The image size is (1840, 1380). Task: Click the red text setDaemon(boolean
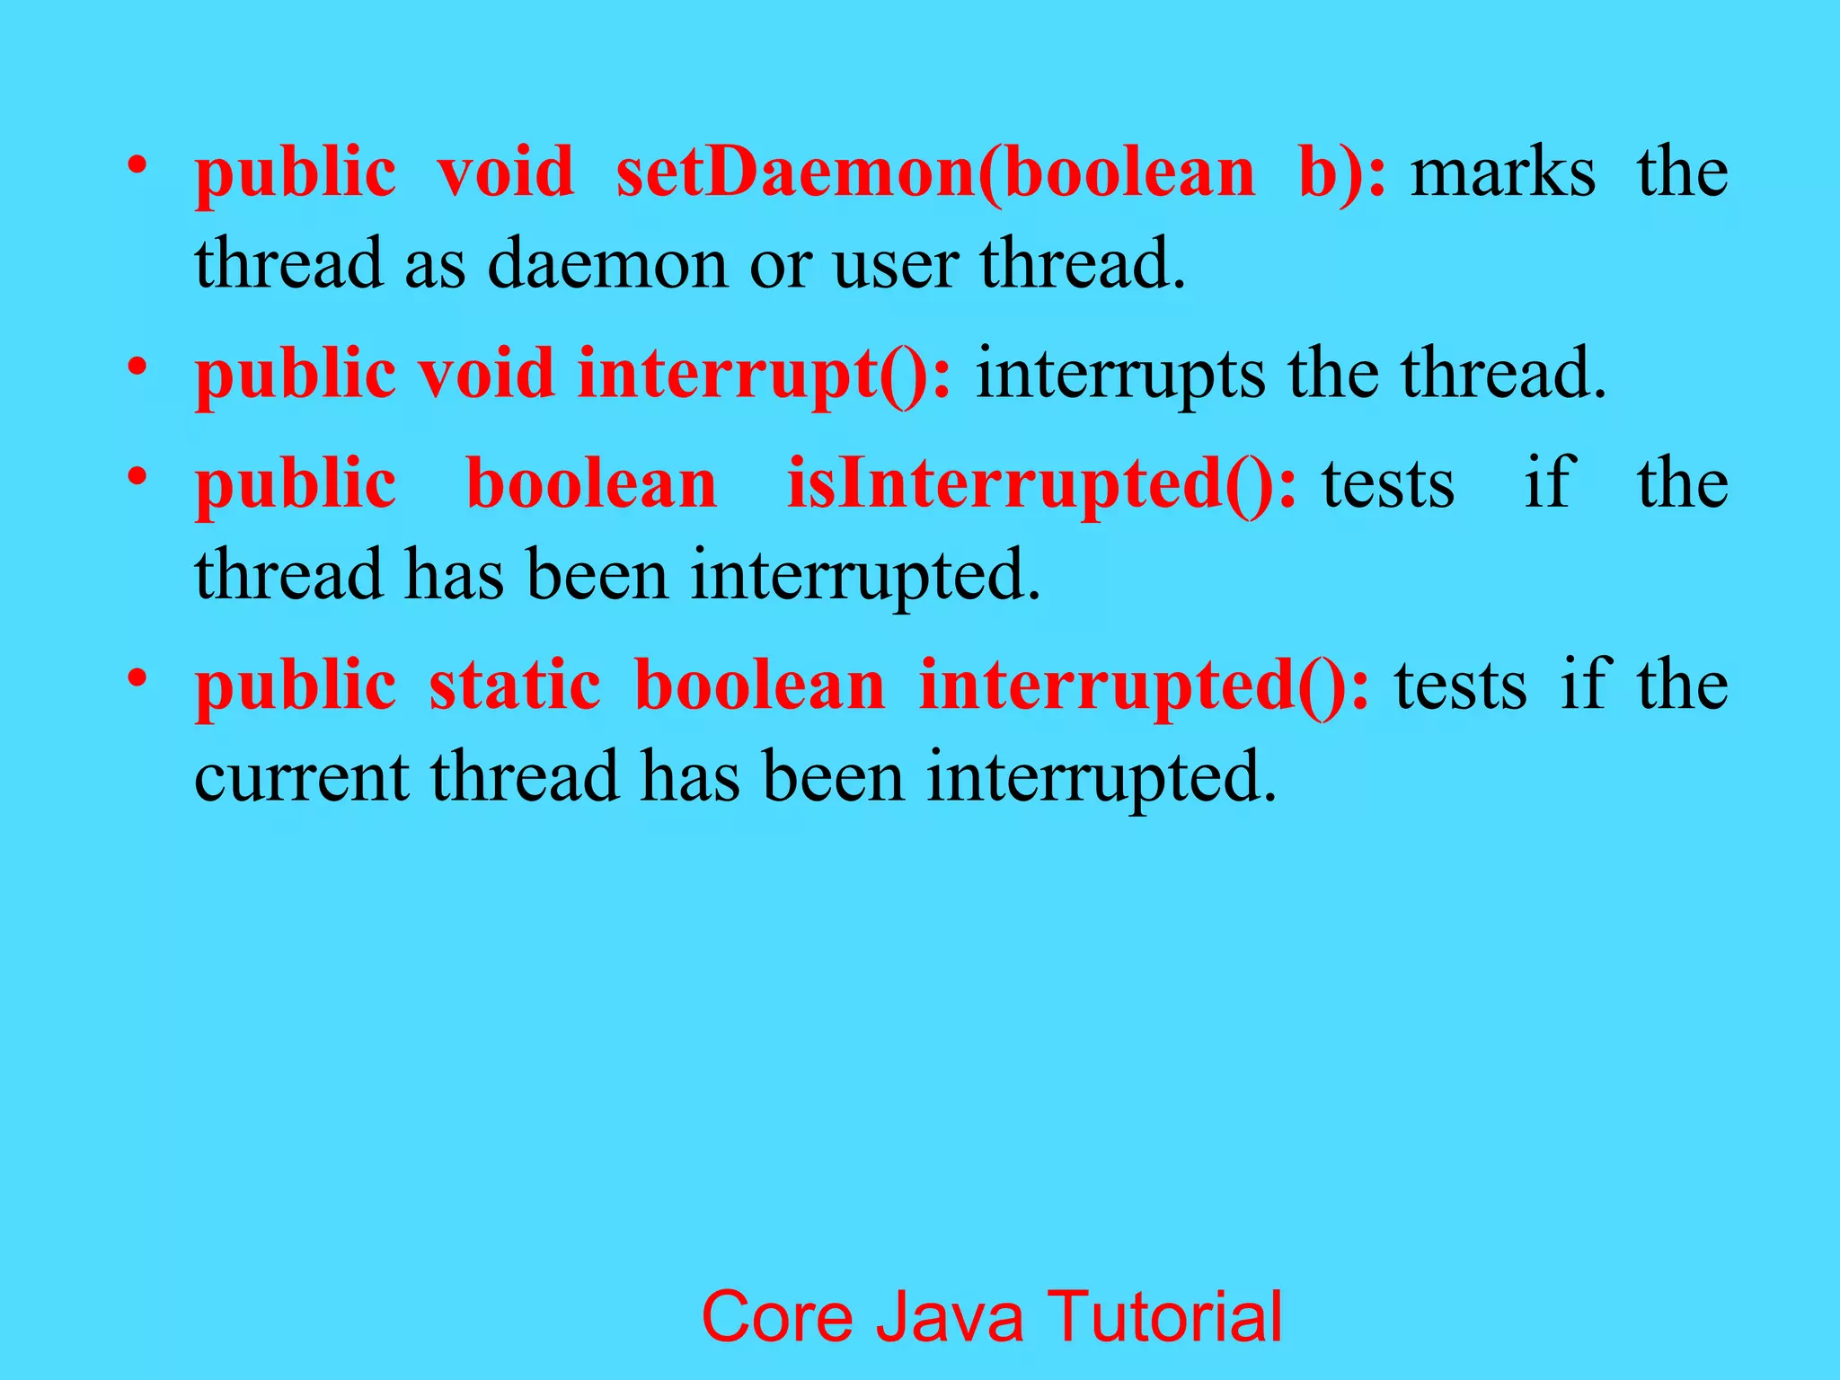pos(934,172)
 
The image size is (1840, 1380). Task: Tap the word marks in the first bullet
pos(1503,172)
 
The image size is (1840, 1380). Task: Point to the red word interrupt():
pos(764,374)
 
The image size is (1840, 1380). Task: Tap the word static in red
pos(515,686)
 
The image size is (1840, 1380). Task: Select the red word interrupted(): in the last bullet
pos(1145,686)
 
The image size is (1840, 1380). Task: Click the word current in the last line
pos(301,777)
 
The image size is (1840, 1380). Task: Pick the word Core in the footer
pos(777,1316)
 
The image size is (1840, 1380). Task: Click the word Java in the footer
pos(950,1316)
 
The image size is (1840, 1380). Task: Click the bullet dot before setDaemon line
pos(137,165)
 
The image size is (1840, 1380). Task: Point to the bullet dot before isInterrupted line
pos(137,476)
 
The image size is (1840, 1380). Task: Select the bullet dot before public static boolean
pos(137,677)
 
